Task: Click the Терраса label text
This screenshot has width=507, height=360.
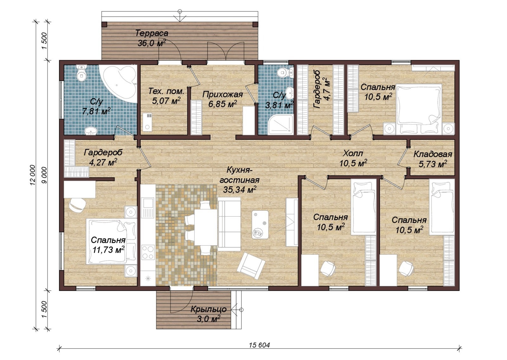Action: [x=152, y=33]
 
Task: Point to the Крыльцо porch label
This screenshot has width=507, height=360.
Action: [x=209, y=309]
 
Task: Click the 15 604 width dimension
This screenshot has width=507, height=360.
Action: [x=260, y=345]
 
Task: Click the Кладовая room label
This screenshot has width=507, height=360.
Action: [x=433, y=154]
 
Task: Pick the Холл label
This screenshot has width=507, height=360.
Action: [x=353, y=153]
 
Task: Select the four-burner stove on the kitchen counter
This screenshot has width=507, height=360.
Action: [x=147, y=252]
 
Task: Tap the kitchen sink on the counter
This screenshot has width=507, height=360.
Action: [x=147, y=207]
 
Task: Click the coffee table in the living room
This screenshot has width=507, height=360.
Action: [x=260, y=224]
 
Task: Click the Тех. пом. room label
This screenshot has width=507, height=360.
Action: [x=166, y=92]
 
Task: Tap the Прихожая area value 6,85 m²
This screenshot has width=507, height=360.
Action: [x=223, y=104]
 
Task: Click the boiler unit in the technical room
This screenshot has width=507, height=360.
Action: [x=147, y=122]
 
